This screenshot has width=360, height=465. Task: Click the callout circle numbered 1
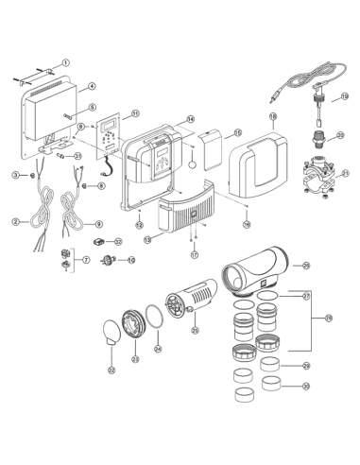[x=65, y=62]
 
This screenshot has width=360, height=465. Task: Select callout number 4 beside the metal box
[x=92, y=86]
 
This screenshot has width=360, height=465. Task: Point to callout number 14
[x=190, y=119]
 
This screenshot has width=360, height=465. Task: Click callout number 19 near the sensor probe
[x=344, y=95]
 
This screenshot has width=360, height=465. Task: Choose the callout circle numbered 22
[x=112, y=370]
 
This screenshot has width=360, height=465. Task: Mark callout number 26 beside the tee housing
[x=304, y=267]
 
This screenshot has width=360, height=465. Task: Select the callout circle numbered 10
[x=117, y=241]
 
